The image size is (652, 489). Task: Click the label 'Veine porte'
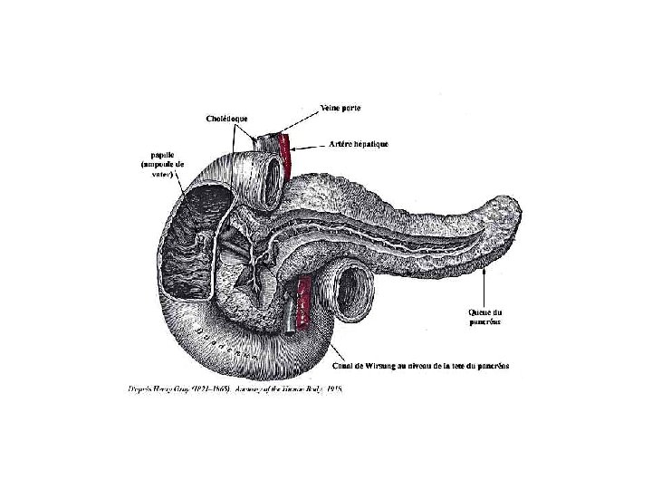342,109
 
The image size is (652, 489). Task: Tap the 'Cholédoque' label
226,119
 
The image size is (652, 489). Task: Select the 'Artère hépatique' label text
358,145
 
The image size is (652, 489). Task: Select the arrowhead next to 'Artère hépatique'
297,145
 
